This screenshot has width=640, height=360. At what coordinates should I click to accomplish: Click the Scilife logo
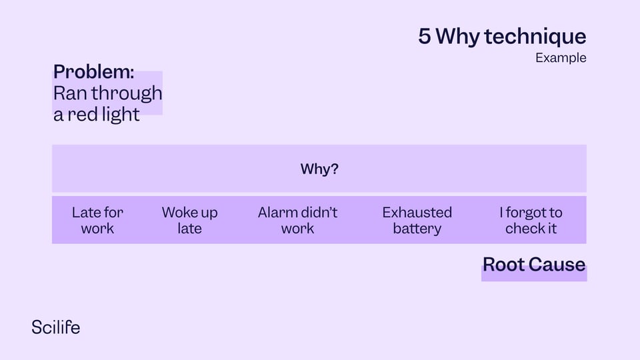pyautogui.click(x=56, y=327)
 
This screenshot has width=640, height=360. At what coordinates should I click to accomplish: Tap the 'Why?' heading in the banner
pyautogui.click(x=319, y=169)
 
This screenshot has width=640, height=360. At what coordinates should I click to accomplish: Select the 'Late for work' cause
pyautogui.click(x=97, y=221)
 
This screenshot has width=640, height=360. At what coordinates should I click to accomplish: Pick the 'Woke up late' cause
pyautogui.click(x=190, y=221)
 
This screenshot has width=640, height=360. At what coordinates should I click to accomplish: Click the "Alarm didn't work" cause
pyautogui.click(x=297, y=221)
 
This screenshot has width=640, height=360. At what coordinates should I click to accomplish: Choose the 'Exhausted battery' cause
pyautogui.click(x=417, y=221)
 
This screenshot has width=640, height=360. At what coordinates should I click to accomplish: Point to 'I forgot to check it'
pyautogui.click(x=531, y=221)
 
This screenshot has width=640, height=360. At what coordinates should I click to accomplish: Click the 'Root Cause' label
pyautogui.click(x=534, y=265)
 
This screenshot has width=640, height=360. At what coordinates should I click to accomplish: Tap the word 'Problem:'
pyautogui.click(x=93, y=72)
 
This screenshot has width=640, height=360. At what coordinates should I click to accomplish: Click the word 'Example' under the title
pyautogui.click(x=561, y=58)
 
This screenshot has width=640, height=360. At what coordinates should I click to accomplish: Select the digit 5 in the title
pyautogui.click(x=425, y=36)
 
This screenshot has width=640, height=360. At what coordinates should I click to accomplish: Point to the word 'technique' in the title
pyautogui.click(x=535, y=37)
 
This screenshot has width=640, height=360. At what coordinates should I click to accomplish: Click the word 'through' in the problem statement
pyautogui.click(x=127, y=94)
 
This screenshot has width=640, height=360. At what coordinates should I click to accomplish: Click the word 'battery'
pyautogui.click(x=417, y=229)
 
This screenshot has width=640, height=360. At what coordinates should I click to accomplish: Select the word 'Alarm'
pyautogui.click(x=276, y=213)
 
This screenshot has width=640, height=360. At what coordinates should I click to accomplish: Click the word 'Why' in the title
pyautogui.click(x=457, y=37)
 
